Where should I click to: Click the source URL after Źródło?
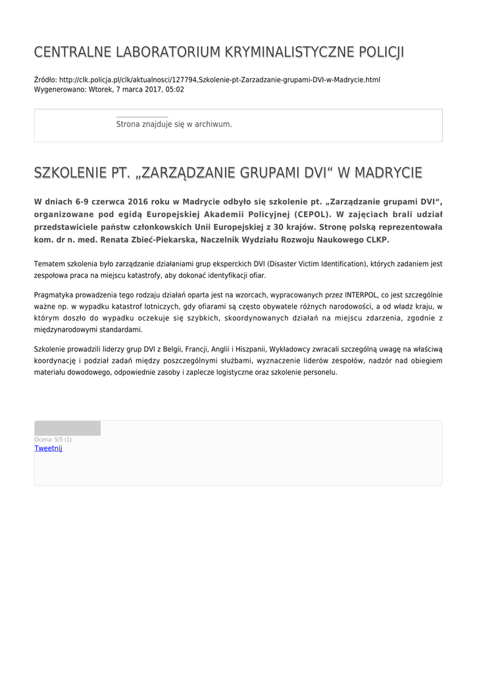220,80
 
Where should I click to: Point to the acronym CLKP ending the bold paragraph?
378,240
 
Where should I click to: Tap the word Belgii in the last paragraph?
172,349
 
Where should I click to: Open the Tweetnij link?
48,448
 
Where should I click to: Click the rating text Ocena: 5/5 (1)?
53,439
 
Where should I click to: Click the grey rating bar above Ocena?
67,428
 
